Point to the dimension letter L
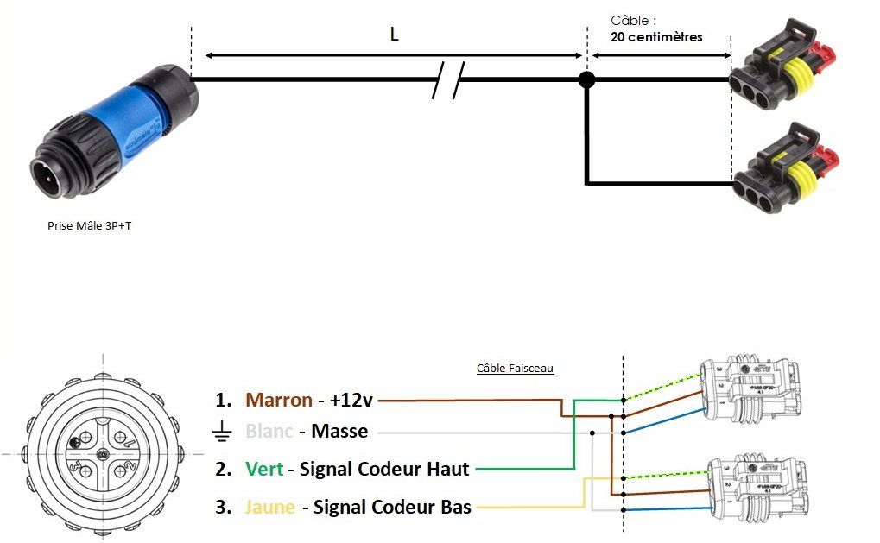(x=395, y=35)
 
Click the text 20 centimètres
(x=656, y=37)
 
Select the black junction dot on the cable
(x=586, y=80)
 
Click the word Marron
(x=279, y=400)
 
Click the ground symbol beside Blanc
(x=222, y=432)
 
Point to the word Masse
(x=339, y=431)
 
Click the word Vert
(x=264, y=469)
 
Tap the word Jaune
(x=270, y=507)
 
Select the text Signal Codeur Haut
(x=384, y=469)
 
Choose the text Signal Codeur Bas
(x=392, y=507)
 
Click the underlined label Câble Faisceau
(x=515, y=368)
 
